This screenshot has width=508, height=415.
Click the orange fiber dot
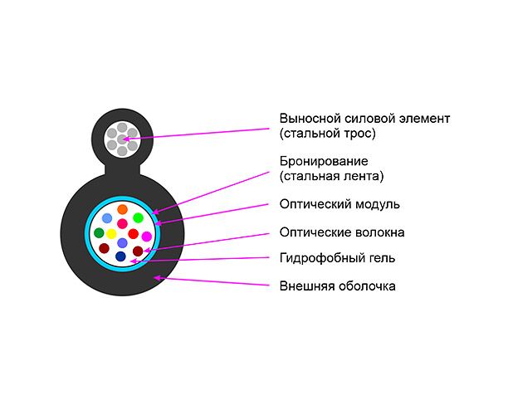click(122, 209)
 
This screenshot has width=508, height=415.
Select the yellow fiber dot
click(110, 234)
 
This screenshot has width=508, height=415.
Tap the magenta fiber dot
click(147, 237)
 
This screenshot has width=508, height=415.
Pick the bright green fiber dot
click(139, 218)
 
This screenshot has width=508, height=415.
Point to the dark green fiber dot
click(99, 233)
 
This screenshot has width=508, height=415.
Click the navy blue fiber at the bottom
click(120, 257)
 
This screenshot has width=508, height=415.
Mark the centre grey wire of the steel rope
click(122, 139)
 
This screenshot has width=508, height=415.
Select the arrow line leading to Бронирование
click(216, 187)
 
